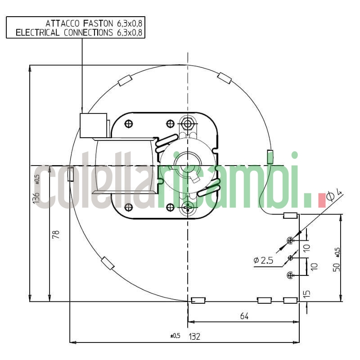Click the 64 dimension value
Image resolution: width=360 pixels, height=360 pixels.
click(244, 316)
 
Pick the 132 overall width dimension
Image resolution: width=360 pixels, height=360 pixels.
click(194, 336)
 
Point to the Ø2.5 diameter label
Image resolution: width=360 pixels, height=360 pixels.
click(263, 260)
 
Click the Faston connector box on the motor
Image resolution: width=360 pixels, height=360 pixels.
click(93, 126)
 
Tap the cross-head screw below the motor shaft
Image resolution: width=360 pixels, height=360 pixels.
click(188, 208)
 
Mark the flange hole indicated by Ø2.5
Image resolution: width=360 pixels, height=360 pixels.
click(290, 257)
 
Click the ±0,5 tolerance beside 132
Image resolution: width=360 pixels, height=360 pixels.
click(175, 336)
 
